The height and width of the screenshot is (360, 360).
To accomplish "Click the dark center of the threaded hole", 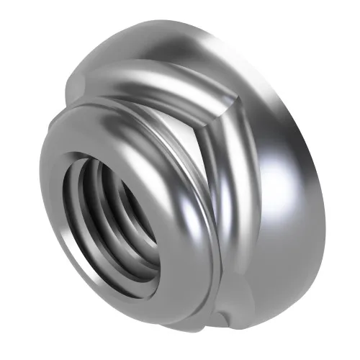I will (119, 216).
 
